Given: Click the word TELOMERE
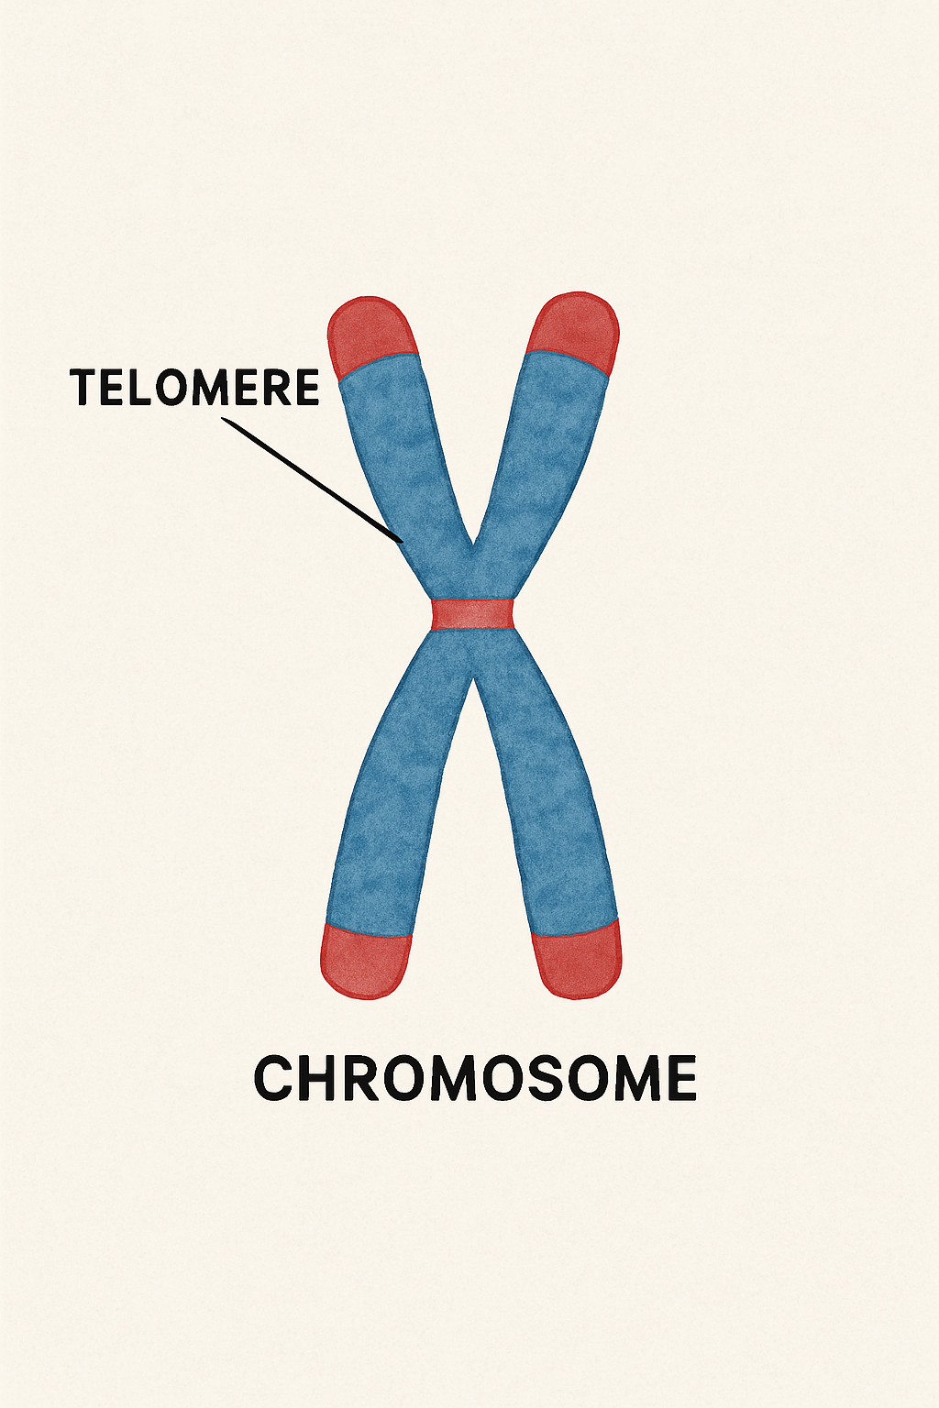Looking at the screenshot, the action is (195, 388).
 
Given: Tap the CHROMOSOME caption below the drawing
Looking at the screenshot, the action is (474, 1078).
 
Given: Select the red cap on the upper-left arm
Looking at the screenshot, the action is (370, 335).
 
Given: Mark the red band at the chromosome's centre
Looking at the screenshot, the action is (471, 613).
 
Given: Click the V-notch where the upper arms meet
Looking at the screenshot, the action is (472, 550).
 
